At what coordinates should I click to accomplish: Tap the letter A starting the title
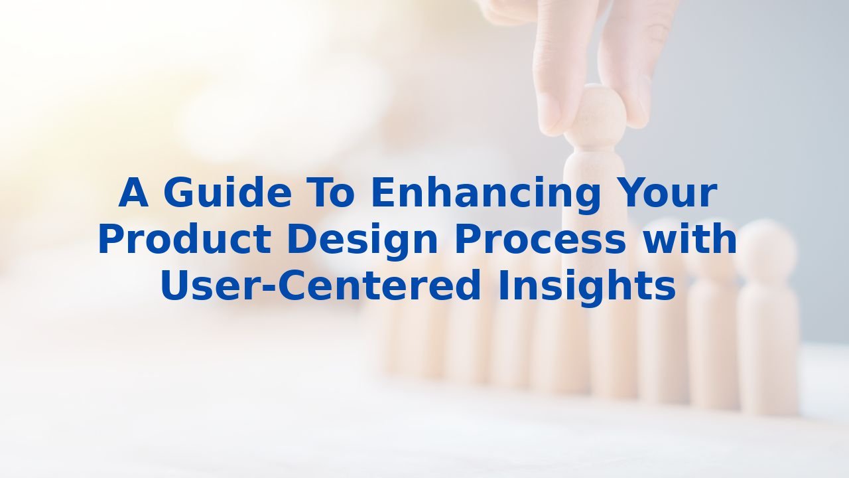pos(133,193)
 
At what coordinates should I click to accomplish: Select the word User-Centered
pos(320,286)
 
